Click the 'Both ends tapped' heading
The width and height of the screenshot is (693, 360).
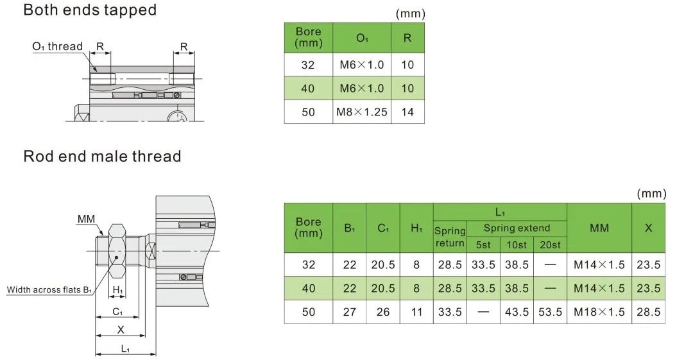point(90,10)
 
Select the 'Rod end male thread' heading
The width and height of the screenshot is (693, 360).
point(102,156)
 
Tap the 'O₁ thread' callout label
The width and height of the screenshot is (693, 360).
point(58,46)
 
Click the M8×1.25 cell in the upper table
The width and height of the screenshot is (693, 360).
point(361,112)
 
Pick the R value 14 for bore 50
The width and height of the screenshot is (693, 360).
point(407,112)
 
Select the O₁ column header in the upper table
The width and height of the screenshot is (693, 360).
point(362,38)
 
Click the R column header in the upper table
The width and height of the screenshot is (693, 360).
point(407,38)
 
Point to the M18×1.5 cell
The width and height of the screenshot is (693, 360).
point(599,312)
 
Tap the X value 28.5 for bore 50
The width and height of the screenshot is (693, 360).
point(648,312)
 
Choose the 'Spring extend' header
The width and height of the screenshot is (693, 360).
point(517,228)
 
